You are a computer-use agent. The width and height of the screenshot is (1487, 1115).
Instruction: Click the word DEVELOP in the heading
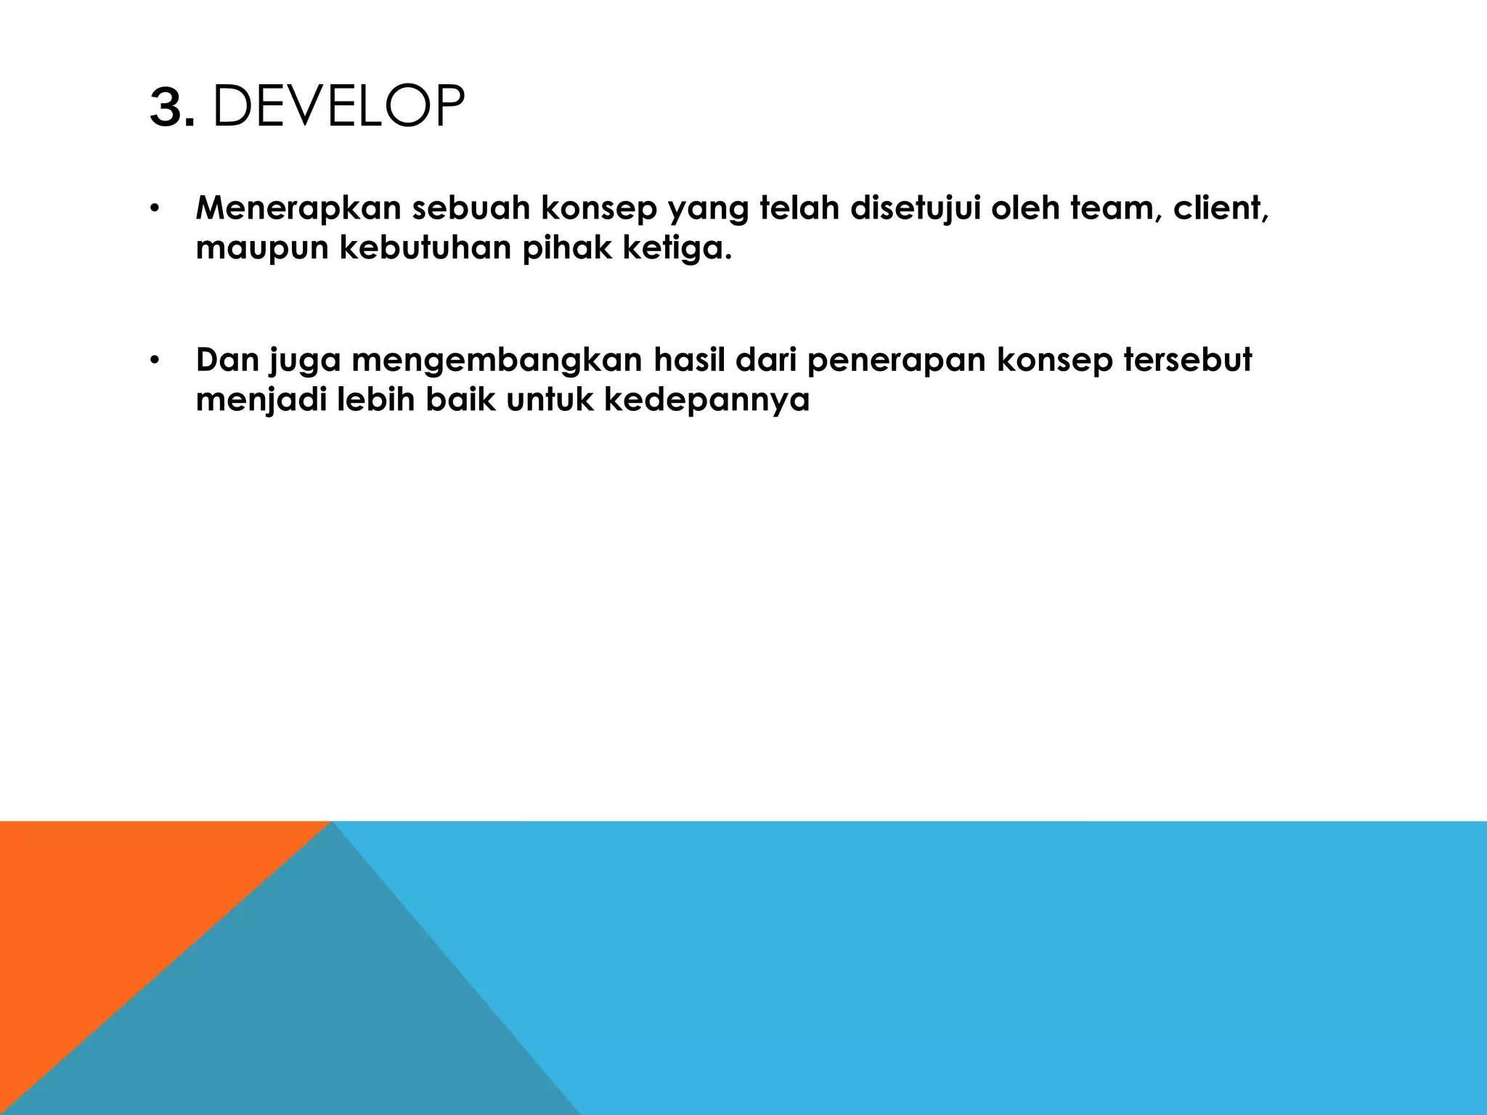click(x=338, y=107)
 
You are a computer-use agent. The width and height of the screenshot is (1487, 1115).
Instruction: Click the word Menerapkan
click(x=298, y=208)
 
